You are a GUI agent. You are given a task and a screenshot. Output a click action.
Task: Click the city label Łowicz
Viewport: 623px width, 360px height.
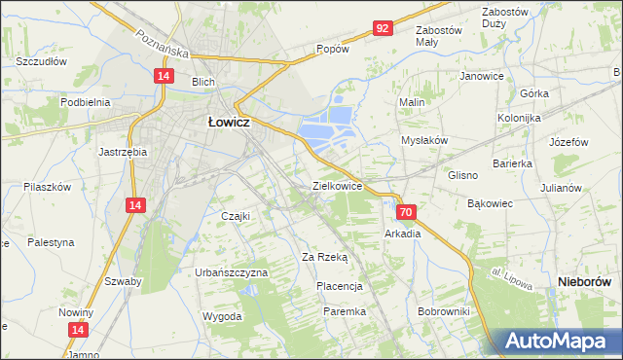229,123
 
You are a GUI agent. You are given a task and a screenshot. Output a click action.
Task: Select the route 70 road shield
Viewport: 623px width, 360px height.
407,211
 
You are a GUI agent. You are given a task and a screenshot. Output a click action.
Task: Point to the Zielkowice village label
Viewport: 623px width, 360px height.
337,185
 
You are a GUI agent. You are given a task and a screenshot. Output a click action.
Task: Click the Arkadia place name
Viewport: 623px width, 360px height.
403,234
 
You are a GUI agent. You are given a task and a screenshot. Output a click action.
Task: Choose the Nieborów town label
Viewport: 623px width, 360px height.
586,281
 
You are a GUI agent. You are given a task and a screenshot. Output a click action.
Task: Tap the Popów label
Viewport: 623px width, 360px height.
332,48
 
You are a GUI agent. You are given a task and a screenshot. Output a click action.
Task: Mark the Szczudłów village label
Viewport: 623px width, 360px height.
41,60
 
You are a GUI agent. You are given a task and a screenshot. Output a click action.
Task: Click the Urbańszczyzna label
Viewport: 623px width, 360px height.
231,272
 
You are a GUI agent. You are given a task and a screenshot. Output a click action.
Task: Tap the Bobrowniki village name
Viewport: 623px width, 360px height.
443,311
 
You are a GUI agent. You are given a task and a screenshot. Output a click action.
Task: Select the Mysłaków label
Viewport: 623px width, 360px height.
424,140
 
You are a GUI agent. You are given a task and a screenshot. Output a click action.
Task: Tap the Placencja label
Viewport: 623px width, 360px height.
339,286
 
